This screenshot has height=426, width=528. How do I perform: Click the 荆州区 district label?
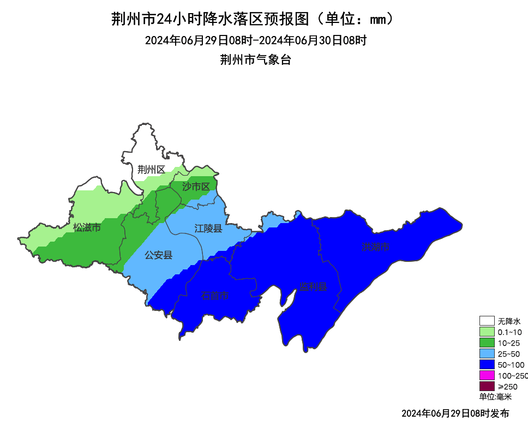[x=151, y=170]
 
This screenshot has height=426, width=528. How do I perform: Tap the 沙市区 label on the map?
[x=196, y=187]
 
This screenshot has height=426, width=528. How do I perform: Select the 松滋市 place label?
[x=87, y=227]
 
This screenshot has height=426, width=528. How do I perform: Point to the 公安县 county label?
[x=158, y=255]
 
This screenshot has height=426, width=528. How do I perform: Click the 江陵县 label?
[x=208, y=229]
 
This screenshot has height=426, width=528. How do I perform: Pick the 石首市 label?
[x=215, y=296]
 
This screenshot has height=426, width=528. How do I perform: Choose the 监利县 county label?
[x=313, y=287]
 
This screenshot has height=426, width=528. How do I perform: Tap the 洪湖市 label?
[x=376, y=247]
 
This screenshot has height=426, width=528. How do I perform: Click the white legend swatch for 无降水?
[x=487, y=321]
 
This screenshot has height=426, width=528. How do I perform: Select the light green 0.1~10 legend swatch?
[x=487, y=332]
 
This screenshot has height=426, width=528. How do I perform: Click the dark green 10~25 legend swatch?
[x=487, y=343]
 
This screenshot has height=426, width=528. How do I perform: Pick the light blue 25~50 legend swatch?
[x=487, y=353]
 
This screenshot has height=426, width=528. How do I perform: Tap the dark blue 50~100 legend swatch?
[x=487, y=364]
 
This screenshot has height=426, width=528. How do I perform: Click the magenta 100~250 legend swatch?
[x=487, y=375]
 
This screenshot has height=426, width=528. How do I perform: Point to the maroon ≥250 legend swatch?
[x=487, y=386]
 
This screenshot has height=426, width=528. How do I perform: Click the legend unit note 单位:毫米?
[x=496, y=397]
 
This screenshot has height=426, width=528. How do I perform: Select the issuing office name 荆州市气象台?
[x=255, y=60]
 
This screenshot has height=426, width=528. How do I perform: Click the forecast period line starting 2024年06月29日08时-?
[x=255, y=40]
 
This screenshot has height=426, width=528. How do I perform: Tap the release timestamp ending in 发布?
[x=455, y=413]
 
